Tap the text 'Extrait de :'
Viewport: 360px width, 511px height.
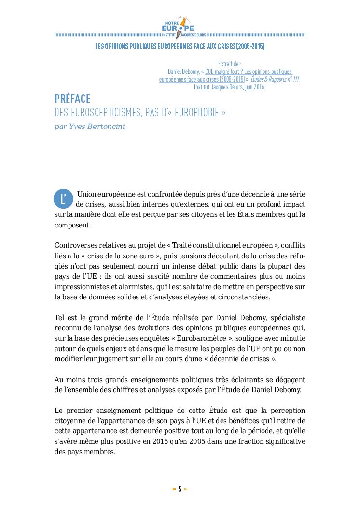coord(229,63)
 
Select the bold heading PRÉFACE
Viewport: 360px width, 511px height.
coord(72,99)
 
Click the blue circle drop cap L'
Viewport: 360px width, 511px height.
coord(63,199)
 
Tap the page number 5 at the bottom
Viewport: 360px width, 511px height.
coord(180,489)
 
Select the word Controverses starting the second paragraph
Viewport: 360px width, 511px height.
coord(76,245)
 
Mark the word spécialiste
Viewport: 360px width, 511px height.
coord(288,318)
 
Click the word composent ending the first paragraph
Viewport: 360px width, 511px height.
coord(72,225)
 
